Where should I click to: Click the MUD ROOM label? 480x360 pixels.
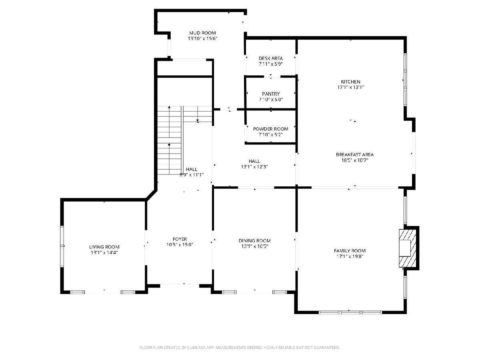tap(202, 33)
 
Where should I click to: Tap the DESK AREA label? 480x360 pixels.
tap(270, 58)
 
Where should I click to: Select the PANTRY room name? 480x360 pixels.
tap(271, 94)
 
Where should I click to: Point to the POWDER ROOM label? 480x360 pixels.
tap(270, 129)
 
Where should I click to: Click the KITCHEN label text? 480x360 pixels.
tap(350, 82)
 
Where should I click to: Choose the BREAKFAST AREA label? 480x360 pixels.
tap(355, 154)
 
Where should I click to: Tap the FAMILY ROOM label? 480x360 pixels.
tap(350, 251)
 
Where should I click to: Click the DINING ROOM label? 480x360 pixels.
tap(254, 241)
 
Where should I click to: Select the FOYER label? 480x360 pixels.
tap(180, 239)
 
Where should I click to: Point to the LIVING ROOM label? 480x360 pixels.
tap(104, 247)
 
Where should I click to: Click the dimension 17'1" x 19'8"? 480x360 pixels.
tap(350, 256)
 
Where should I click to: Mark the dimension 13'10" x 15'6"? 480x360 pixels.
tap(202, 39)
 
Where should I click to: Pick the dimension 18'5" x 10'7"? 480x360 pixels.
tap(355, 160)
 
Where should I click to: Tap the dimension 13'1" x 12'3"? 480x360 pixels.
tap(254, 167)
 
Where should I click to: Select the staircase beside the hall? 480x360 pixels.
tap(184, 140)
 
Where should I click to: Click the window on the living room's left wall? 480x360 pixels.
tap(62, 246)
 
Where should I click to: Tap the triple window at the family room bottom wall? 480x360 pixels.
tap(350, 312)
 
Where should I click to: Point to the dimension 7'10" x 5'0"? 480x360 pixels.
tap(271, 100)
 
